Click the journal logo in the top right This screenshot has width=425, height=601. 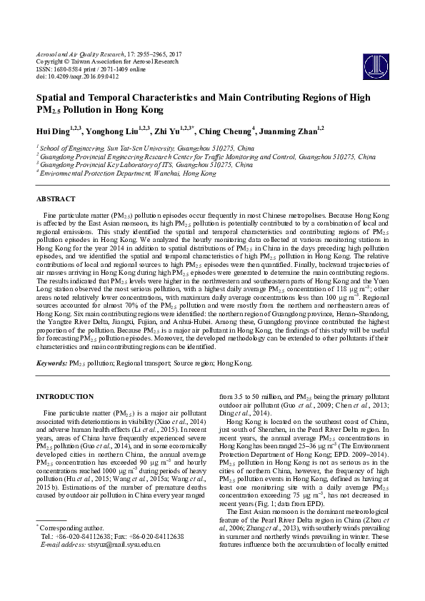tap(370, 62)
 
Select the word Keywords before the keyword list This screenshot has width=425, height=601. tap(52, 363)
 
